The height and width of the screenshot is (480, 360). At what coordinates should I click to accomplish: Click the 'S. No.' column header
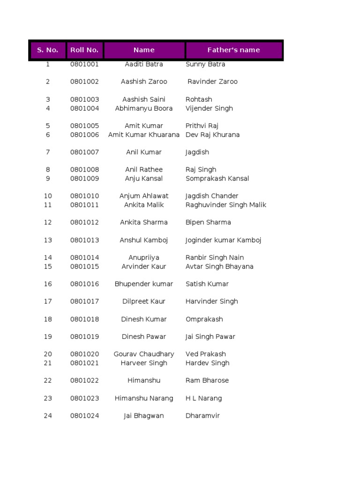coord(47,50)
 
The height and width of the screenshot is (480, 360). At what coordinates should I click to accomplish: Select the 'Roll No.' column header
coord(84,50)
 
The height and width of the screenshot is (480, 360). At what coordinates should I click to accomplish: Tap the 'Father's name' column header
coord(233,50)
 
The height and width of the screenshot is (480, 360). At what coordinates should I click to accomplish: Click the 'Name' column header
coord(144,50)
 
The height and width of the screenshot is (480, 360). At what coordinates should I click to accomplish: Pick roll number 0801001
coord(84,64)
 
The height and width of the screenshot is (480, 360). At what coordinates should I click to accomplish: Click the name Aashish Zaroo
coord(144,82)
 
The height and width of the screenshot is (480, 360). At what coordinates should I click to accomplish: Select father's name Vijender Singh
coord(209,108)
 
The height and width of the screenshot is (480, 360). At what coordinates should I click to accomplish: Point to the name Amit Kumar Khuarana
coord(144,135)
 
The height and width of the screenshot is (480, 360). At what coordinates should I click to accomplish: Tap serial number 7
coord(48,152)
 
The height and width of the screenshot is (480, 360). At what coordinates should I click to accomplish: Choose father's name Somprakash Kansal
coord(217,179)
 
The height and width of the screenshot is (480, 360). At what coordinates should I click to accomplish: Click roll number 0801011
coord(84,205)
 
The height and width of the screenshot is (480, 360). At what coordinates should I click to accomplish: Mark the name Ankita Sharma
coord(144,222)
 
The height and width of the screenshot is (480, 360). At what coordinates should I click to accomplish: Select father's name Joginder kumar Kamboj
coord(223,240)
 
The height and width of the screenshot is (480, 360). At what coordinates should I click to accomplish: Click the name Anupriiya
coord(144,257)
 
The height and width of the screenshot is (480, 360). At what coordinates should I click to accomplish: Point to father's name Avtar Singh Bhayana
coord(219,266)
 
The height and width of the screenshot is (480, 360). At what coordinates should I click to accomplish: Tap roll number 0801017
coord(84,301)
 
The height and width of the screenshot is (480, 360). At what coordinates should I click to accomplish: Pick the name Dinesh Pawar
coord(144,337)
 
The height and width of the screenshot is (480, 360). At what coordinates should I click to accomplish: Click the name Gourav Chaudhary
coord(144,354)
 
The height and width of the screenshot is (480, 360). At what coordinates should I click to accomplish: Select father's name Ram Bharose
coord(207,381)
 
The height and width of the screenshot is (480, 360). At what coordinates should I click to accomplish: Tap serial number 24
coord(48,416)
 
